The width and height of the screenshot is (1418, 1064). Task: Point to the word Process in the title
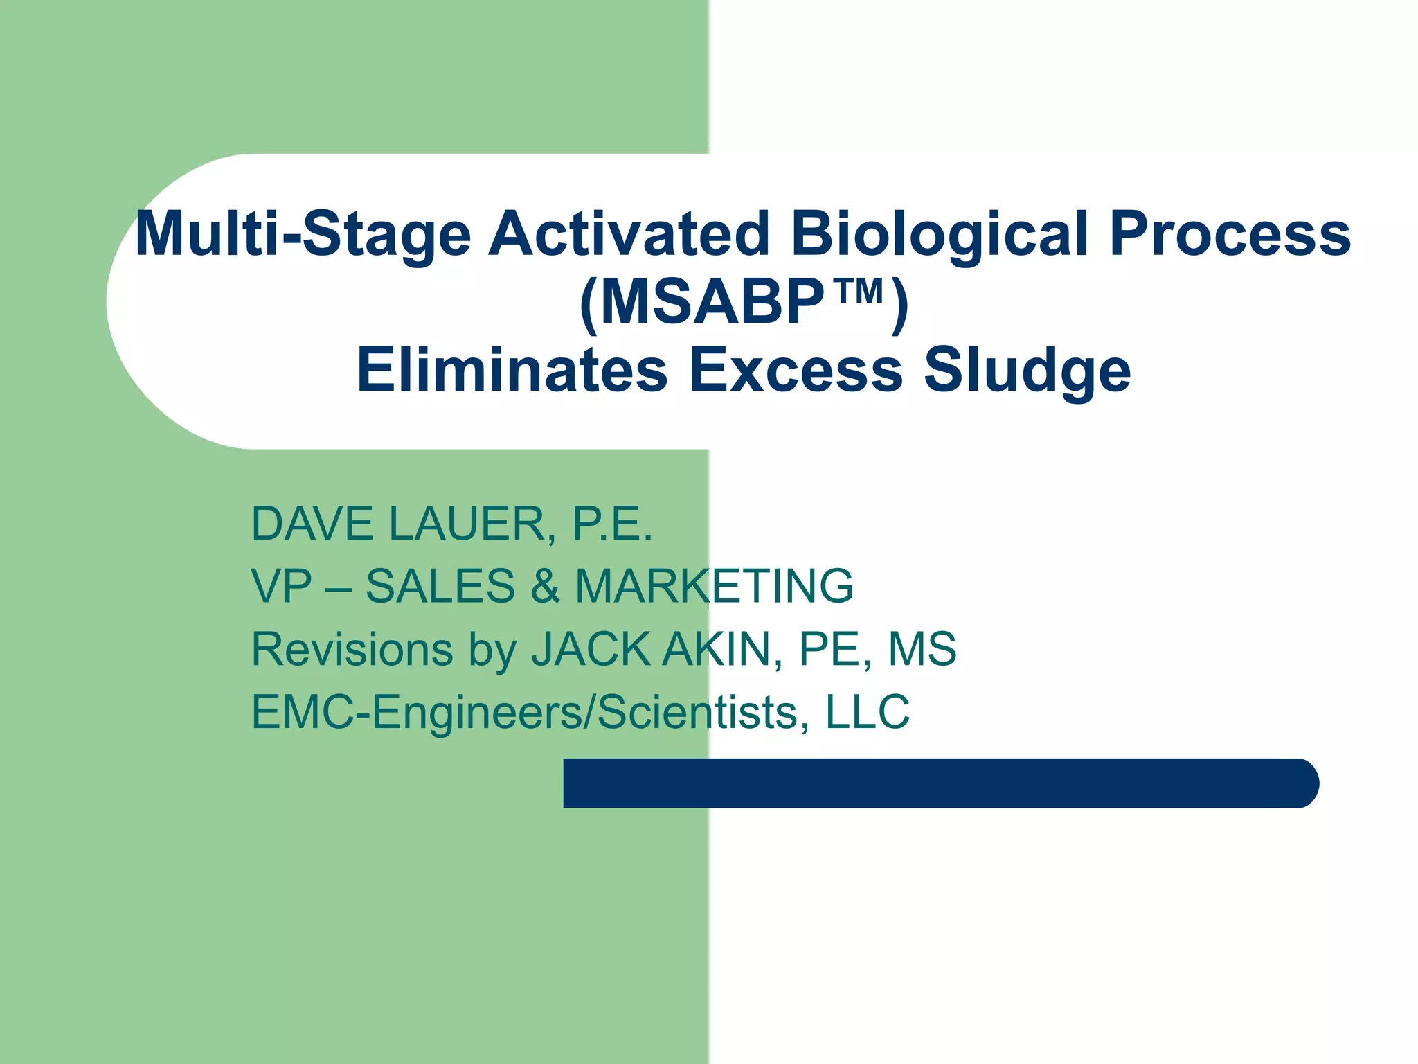pos(1230,234)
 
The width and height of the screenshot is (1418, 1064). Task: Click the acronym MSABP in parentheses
pos(712,303)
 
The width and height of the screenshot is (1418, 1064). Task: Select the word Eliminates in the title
pos(512,370)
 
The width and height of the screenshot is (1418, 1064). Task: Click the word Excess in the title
pos(796,370)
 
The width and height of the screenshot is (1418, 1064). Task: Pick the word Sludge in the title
pos(1027,371)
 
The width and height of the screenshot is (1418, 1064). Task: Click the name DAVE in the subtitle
pos(312,524)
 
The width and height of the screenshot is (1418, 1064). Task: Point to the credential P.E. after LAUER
pos(612,524)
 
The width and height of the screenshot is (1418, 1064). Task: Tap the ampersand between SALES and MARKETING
pos(545,586)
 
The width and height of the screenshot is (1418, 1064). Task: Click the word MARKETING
pos(714,586)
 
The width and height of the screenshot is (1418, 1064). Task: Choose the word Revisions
pos(352,649)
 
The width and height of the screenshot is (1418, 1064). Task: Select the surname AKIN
pos(717,649)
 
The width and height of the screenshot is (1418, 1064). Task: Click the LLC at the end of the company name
pos(868,711)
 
